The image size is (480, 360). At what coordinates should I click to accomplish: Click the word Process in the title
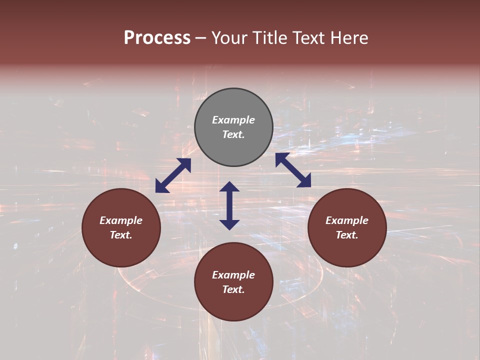point(157,38)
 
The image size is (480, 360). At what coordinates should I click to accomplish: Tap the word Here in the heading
point(348,38)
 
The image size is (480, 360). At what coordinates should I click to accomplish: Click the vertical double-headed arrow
point(229,205)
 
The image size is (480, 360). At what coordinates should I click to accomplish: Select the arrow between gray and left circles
point(173,175)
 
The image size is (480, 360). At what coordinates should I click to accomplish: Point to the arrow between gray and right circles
point(293,170)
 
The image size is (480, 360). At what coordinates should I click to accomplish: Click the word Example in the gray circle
point(233,120)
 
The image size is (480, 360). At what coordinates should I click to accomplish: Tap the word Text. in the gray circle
point(233,134)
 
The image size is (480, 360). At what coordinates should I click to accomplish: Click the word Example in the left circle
point(121,220)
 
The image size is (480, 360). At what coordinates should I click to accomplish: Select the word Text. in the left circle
point(121,235)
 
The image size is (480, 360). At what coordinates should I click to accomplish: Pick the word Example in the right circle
point(347,220)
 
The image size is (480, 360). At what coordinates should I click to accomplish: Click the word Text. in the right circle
point(347,235)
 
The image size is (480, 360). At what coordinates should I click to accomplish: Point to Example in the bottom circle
point(233,275)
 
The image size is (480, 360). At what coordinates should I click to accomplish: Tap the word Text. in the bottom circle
point(233,289)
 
